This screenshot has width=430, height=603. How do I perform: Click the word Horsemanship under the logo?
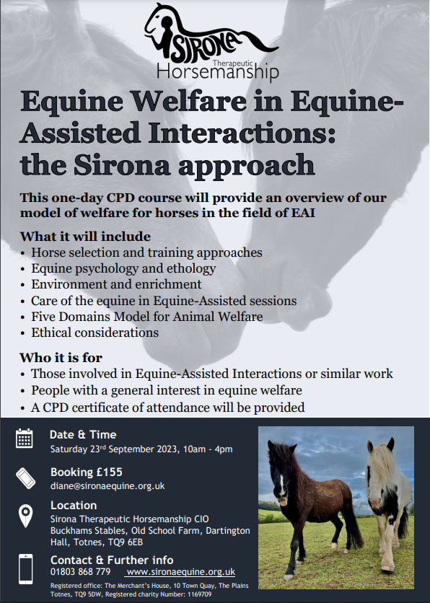(x=218, y=72)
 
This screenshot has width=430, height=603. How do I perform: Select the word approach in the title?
(x=246, y=166)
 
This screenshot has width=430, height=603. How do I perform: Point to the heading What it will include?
(x=85, y=236)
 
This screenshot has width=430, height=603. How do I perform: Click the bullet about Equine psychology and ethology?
(x=123, y=269)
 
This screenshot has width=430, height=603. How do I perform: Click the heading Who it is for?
(x=61, y=358)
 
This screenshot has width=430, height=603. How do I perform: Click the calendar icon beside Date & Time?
(x=25, y=439)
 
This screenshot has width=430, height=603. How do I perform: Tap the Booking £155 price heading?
(x=87, y=472)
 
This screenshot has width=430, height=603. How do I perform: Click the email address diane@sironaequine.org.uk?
(x=107, y=486)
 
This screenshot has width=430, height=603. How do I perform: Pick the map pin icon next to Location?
(x=25, y=515)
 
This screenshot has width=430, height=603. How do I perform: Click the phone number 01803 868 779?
(x=80, y=572)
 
